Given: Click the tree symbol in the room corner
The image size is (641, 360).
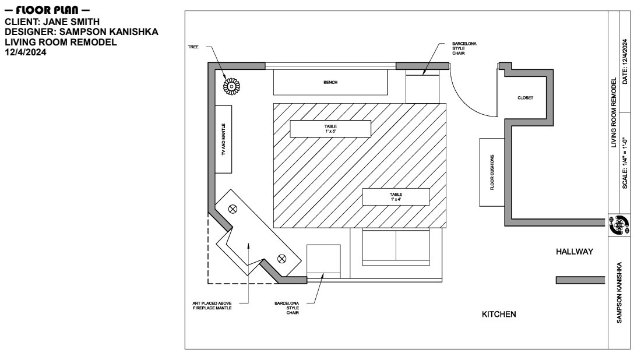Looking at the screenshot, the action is click(231, 86).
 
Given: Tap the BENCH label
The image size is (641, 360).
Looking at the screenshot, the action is click(330, 83).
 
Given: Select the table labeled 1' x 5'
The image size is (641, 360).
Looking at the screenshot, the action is click(330, 129).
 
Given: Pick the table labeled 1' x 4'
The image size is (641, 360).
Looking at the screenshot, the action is click(396, 196).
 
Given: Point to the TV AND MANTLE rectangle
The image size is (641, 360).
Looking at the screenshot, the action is click(223, 139).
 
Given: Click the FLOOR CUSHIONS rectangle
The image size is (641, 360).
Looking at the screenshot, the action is click(492, 172).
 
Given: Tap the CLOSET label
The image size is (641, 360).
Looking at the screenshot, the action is click(525, 98).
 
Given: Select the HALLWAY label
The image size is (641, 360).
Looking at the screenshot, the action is click(575, 252).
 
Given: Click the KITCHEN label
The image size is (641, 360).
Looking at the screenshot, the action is click(499, 314).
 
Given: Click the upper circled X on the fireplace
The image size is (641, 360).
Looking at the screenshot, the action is click(233, 209).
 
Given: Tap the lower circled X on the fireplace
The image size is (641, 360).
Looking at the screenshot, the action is click(281, 258).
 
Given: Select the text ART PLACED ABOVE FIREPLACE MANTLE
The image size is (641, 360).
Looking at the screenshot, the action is click(212, 306).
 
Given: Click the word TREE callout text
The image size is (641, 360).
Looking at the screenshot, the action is click(193, 47).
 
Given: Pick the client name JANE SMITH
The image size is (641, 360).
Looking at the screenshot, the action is click(72, 22).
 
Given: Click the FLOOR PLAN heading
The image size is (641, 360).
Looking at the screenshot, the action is click(47, 10).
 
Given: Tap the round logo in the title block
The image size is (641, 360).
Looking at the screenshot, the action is click(619, 225).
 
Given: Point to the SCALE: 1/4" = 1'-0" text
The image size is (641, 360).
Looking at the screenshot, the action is click(625, 163).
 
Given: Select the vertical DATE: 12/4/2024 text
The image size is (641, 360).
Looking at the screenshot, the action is click(625, 62).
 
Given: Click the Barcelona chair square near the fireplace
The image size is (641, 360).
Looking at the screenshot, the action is click(323, 262).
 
